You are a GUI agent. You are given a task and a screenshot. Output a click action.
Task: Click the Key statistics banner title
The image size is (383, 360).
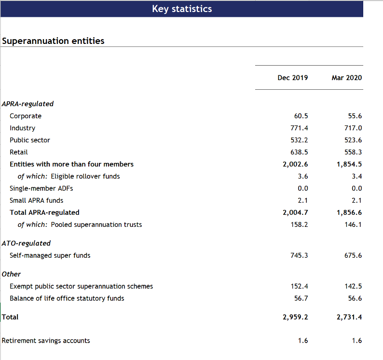tap(182, 9)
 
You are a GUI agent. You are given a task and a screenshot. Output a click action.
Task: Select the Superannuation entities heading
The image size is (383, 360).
tap(53, 41)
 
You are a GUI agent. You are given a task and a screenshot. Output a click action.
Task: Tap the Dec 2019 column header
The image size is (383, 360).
tap(293, 78)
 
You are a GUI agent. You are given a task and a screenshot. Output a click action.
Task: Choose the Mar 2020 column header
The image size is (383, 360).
tap(347, 78)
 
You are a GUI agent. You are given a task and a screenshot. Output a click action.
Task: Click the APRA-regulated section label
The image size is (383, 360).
tap(27, 104)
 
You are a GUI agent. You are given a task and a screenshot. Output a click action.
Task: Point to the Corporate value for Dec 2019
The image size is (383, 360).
tap(301, 116)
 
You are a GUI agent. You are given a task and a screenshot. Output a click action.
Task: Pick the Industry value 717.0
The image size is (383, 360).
tap(353, 128)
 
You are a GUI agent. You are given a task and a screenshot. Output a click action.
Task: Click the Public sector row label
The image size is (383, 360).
tap(30, 140)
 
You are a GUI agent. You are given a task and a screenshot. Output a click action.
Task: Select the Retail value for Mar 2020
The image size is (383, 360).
tap(353, 152)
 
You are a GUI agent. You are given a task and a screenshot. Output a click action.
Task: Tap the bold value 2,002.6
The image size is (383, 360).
tap(295, 164)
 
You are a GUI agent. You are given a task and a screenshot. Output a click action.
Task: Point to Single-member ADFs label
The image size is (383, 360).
tap(41, 188)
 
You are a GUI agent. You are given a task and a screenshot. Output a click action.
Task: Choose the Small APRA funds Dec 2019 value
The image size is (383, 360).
tap(302, 200)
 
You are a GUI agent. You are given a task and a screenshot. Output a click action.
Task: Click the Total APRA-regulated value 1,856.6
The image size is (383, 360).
tap(349, 212)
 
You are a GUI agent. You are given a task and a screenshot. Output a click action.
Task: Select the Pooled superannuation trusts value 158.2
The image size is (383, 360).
tap(299, 224)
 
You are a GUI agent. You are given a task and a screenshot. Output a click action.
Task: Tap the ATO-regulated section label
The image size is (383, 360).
tap(26, 243)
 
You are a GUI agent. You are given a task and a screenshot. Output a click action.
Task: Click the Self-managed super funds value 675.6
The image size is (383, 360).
tap(353, 255)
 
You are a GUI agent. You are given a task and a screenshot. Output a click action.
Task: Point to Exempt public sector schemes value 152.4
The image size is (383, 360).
tap(299, 286)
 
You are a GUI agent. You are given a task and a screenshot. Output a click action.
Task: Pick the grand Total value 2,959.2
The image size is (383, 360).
tap(295, 317)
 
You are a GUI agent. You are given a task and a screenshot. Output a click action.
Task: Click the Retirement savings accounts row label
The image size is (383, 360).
tap(46, 341)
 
